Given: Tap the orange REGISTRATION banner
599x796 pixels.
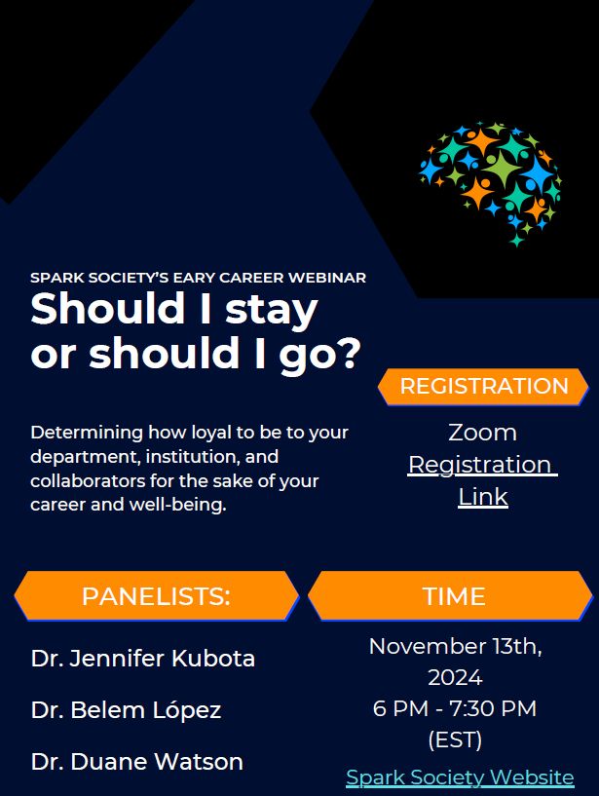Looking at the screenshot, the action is pyautogui.click(x=483, y=387).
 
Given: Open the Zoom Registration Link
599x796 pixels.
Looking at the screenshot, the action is pyautogui.click(x=483, y=464).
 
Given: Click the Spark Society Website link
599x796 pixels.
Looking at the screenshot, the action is pyautogui.click(x=460, y=777).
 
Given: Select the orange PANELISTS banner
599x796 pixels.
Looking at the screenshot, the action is pyautogui.click(x=157, y=595).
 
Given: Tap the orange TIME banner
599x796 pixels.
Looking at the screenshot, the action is pyautogui.click(x=450, y=595).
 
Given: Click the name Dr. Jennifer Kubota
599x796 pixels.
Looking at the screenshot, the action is pyautogui.click(x=142, y=658).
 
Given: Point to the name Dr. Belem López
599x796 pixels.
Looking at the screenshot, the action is pyautogui.click(x=126, y=709).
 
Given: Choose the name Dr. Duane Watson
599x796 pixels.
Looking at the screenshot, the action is pyautogui.click(x=136, y=761).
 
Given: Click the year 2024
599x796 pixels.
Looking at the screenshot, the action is pyautogui.click(x=455, y=677).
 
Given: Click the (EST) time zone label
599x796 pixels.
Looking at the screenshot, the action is pyautogui.click(x=455, y=739).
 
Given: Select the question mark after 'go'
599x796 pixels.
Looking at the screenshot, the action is pyautogui.click(x=350, y=352).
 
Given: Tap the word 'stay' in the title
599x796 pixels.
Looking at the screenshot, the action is pyautogui.click(x=271, y=310).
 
